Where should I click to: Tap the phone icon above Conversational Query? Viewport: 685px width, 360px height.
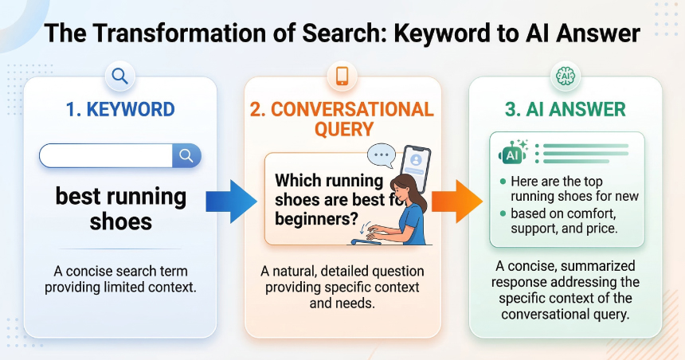pyautogui.click(x=342, y=76)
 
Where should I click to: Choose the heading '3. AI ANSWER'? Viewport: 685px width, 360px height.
pyautogui.click(x=566, y=109)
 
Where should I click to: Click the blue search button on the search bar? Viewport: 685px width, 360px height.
pyautogui.click(x=186, y=155)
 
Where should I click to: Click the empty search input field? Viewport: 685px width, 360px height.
pyautogui.click(x=105, y=155)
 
